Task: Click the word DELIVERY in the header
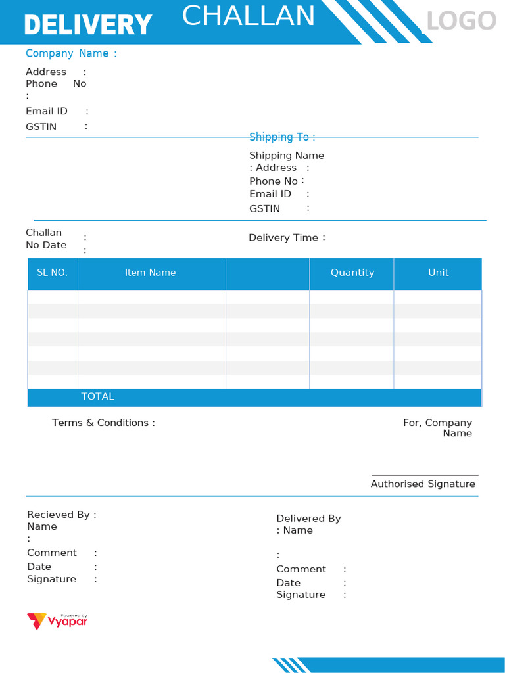point(88,25)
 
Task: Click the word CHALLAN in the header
point(249,16)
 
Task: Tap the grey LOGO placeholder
point(461,22)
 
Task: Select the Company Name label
point(71,53)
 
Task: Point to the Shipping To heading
point(282,137)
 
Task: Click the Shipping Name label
point(287,156)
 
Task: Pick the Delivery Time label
point(283,237)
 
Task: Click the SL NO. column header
point(53,273)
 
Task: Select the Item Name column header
point(151,273)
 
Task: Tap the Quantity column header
point(352,273)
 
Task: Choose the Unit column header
point(439,273)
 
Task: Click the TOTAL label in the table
point(98,396)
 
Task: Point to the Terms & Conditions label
point(103,423)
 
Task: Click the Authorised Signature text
point(423,484)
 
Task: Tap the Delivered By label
point(308,519)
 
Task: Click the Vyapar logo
point(57,620)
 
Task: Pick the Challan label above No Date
point(43,233)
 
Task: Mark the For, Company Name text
point(438,428)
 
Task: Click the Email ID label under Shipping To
point(270,194)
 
